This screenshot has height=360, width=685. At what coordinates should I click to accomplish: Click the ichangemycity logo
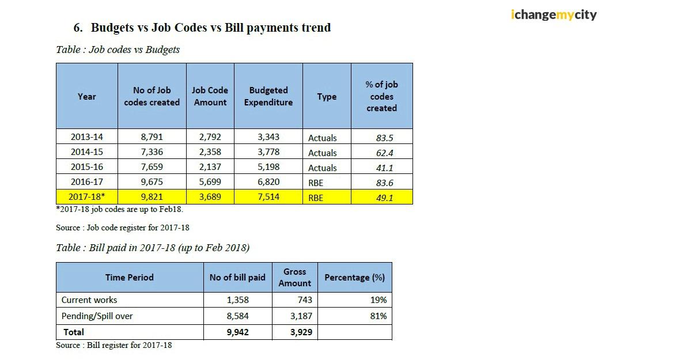pos(553,14)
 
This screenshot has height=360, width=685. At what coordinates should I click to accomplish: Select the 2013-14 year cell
pos(86,137)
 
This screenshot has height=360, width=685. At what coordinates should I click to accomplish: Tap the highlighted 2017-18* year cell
pos(87,197)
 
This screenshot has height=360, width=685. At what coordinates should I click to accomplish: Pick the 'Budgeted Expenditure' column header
pos(268,96)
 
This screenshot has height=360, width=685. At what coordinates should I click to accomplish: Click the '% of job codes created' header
pos(381,96)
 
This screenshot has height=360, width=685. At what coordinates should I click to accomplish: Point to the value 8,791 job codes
pos(152,137)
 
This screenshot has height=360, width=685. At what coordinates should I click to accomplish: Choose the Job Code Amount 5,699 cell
pos(210,182)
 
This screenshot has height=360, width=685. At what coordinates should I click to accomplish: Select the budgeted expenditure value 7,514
pos(268,197)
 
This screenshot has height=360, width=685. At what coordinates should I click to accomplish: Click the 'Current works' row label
pos(89,300)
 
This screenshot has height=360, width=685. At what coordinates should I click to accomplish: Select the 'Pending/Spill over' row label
pos(97,316)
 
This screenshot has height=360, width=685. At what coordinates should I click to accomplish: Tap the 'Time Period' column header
pos(130,277)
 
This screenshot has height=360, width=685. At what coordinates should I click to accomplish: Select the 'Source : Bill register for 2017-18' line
pos(113,345)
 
